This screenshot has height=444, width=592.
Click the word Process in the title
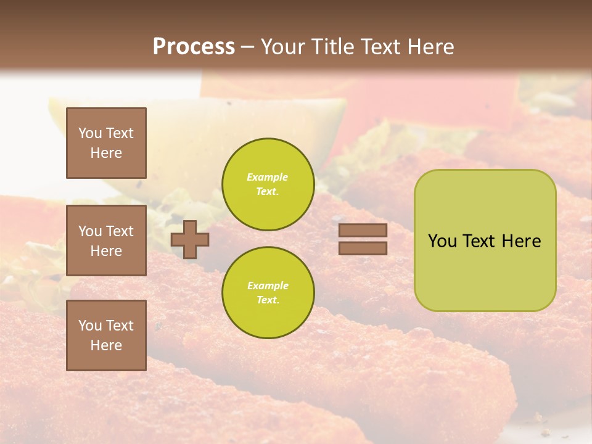[x=194, y=47]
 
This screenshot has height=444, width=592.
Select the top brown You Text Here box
[x=106, y=143]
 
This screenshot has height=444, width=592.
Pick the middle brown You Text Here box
[x=106, y=240]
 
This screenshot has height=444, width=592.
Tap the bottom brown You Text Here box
[x=106, y=335]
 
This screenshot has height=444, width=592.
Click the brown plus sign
[x=189, y=239]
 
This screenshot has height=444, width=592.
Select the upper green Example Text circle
[x=268, y=184]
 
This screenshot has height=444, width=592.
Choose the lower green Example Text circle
[x=268, y=292]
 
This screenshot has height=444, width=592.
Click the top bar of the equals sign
[x=363, y=231]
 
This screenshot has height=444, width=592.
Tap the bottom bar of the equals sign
[x=363, y=248]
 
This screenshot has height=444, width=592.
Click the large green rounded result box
[x=485, y=271]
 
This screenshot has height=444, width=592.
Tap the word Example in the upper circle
[x=268, y=177]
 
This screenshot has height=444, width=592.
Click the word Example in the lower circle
[x=268, y=286]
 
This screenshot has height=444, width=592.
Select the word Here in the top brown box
[x=106, y=153]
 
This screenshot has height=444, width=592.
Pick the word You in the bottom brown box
[x=90, y=326]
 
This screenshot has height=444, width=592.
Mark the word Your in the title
[x=282, y=47]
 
